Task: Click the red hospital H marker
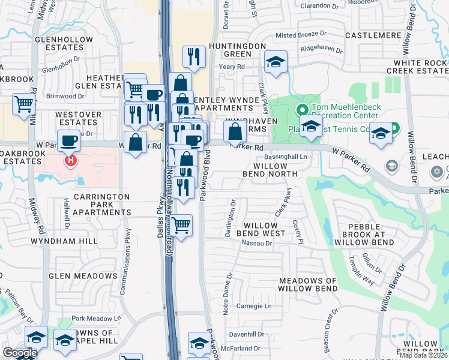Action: point(71,161)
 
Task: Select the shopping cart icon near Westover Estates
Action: point(23,104)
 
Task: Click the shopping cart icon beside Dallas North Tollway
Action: point(182,226)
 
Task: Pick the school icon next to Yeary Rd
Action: point(276,62)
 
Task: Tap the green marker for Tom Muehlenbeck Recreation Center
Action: point(303,110)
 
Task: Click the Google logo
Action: point(19,353)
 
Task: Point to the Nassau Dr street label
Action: point(257,243)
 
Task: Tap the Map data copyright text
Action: point(423,355)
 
